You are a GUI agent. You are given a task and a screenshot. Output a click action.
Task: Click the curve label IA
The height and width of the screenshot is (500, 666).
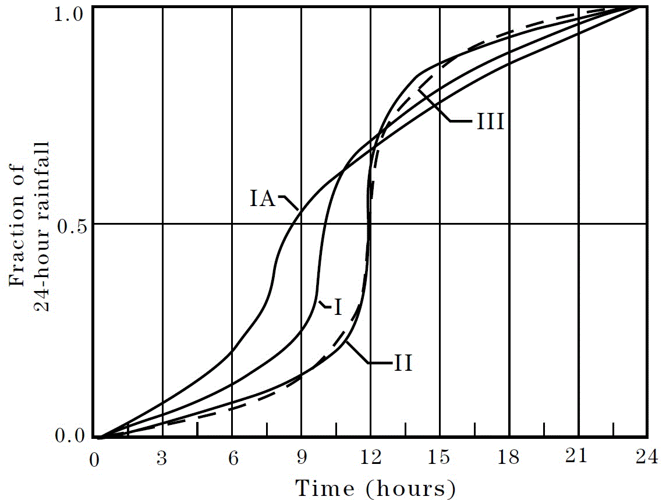click(x=264, y=199)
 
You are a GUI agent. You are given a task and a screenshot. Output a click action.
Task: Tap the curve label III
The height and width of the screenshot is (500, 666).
click(x=490, y=123)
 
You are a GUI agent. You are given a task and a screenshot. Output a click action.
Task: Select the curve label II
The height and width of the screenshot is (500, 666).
click(x=403, y=364)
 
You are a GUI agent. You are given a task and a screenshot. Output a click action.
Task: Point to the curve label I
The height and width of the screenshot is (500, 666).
click(x=337, y=307)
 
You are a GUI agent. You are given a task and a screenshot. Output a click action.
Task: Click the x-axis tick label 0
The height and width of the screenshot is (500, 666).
click(x=93, y=458)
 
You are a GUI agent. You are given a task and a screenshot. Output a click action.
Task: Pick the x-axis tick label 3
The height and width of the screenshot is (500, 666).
click(x=162, y=458)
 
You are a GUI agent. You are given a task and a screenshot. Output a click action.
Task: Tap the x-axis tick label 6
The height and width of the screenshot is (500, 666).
click(x=232, y=458)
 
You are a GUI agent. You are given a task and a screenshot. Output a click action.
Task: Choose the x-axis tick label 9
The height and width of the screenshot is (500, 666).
click(x=302, y=458)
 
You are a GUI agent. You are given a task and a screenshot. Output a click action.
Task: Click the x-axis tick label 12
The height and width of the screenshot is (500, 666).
click(x=371, y=458)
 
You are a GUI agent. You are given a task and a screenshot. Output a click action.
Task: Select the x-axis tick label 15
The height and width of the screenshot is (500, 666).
click(x=440, y=458)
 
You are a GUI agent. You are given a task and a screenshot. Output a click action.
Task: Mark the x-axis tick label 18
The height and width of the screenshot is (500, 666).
click(x=509, y=458)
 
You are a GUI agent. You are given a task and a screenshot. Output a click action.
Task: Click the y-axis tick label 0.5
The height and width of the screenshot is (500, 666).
click(x=72, y=224)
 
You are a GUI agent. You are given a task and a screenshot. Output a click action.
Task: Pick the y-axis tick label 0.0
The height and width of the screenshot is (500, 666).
click(x=72, y=435)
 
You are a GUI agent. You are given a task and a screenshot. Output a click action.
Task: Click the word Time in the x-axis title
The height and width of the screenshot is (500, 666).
click(x=324, y=487)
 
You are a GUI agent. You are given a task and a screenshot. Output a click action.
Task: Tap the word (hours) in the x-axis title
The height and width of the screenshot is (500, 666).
click(x=410, y=488)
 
